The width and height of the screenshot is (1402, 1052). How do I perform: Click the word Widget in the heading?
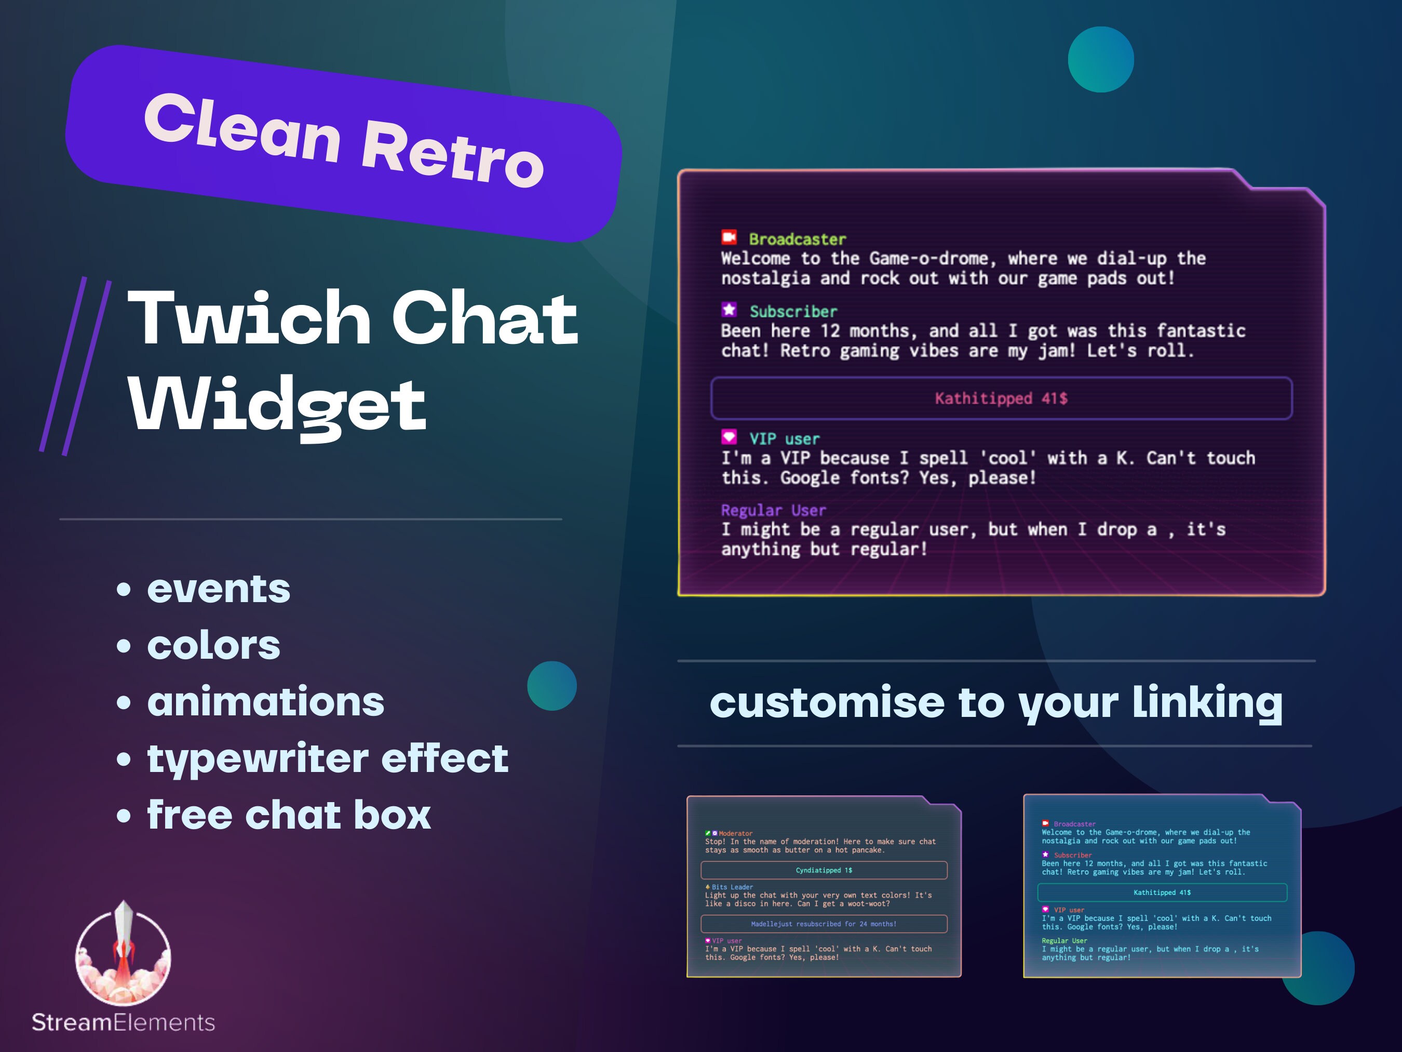277,404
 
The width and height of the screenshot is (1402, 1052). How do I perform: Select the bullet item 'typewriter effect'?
327,758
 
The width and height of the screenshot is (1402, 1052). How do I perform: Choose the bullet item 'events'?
219,589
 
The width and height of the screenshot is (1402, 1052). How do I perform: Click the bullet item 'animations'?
265,702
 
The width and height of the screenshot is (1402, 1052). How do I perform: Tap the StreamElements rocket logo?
123,954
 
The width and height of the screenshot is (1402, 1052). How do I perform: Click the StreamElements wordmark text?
124,1023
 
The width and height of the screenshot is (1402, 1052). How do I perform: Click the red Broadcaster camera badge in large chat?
729,237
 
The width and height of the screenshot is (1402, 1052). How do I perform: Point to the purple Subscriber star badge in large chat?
729,310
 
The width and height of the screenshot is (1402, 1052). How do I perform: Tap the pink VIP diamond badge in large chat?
729,437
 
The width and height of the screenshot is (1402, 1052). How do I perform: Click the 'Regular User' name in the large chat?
773,511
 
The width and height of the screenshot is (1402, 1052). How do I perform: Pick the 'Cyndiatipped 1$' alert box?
824,870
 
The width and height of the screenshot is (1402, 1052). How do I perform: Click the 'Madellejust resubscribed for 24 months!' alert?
824,924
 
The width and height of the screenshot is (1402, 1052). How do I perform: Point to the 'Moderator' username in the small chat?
736,833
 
